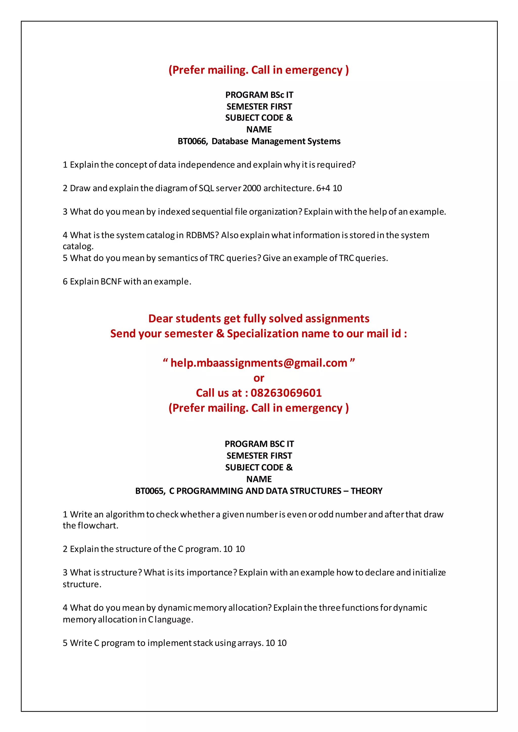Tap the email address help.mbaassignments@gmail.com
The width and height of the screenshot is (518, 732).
pos(259,363)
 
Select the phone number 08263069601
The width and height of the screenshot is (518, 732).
pos(286,393)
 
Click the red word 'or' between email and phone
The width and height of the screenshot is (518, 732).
pos(259,378)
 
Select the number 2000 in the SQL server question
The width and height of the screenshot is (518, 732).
pos(252,188)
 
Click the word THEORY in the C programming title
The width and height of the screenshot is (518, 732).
pos(366,491)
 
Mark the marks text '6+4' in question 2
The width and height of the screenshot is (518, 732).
pos(323,188)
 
